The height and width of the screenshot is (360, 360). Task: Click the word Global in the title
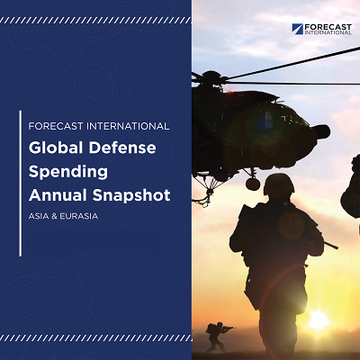(x=56, y=148)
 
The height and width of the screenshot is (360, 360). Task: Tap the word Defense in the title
(x=122, y=148)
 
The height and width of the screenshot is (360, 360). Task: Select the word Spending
(x=68, y=172)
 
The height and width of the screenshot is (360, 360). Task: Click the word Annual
(x=58, y=195)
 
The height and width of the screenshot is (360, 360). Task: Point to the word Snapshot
(x=131, y=196)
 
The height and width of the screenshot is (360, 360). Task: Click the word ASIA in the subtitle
(x=39, y=216)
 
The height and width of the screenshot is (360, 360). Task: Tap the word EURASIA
(x=79, y=216)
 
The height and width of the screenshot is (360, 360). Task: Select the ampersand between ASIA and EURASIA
(x=54, y=216)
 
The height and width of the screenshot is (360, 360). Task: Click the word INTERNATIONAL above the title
(x=128, y=126)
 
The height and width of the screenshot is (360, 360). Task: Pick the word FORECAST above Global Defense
(x=56, y=126)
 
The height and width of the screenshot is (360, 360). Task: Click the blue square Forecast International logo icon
(x=297, y=29)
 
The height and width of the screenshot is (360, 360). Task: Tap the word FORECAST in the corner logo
(x=328, y=27)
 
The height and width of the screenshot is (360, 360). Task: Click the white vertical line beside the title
(x=21, y=184)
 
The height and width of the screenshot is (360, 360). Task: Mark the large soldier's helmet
(x=279, y=184)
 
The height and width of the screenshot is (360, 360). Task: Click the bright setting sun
(x=318, y=319)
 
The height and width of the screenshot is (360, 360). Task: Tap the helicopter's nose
(x=322, y=132)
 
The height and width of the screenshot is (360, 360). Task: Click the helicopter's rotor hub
(x=211, y=76)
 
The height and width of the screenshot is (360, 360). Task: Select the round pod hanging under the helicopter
(x=253, y=184)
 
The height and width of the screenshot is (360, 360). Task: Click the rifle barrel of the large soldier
(x=330, y=245)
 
